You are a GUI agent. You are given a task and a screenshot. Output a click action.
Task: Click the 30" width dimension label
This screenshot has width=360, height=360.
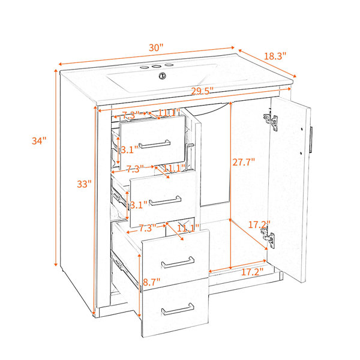point(156,48)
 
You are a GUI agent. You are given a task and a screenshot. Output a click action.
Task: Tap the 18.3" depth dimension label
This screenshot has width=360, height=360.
point(275,56)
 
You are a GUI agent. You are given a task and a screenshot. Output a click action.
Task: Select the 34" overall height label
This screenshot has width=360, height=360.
point(39,141)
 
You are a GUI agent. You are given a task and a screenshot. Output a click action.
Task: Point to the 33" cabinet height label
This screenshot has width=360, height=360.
point(84,184)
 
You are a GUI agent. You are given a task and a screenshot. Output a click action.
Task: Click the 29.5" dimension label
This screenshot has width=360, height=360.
point(203,91)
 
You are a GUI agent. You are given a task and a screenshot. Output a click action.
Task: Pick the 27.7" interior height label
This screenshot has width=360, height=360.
point(244,162)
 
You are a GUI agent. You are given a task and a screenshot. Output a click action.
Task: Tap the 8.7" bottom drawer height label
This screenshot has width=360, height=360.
point(152,282)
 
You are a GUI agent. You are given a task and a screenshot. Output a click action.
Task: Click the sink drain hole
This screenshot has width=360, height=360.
point(163,76)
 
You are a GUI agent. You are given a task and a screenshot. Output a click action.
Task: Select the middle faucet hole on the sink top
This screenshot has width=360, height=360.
point(157,67)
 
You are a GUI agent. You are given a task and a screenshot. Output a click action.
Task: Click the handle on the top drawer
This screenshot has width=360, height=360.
point(154,145)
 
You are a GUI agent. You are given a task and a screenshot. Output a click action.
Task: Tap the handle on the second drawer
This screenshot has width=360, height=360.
point(165,201)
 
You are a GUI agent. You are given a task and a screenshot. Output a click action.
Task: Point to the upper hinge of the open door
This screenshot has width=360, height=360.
point(271,121)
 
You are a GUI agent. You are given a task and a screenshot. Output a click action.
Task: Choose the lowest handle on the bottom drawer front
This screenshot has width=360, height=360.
point(178,309)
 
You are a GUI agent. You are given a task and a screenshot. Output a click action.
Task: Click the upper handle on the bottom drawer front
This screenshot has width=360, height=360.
point(178,262)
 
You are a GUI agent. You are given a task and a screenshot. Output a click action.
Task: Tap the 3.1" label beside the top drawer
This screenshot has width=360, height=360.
point(130,150)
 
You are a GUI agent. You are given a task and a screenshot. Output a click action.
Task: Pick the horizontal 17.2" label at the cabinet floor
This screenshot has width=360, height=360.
point(252,272)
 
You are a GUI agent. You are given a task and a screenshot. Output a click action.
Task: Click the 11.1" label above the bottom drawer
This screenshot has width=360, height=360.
point(188,228)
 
